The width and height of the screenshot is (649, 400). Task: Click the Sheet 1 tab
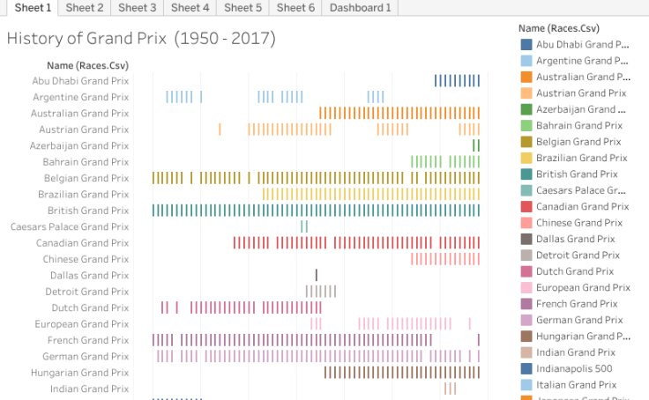31,8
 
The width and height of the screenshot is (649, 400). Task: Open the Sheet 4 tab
190,8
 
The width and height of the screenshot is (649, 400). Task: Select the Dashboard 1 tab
360,8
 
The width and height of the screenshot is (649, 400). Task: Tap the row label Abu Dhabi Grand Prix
80,80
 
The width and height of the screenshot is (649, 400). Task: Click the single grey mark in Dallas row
317,275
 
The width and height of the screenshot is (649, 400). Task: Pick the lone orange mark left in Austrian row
220,130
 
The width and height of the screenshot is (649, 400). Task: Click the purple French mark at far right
479,340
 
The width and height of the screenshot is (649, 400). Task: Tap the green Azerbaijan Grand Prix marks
476,145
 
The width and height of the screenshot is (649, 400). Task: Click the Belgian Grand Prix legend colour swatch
526,142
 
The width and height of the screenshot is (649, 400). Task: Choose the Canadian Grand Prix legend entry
582,206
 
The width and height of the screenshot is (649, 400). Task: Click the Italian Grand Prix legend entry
576,384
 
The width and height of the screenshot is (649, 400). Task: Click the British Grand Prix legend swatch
526,174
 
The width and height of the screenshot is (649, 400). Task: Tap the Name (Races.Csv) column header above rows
87,64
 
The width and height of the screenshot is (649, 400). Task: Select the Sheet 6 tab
295,8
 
